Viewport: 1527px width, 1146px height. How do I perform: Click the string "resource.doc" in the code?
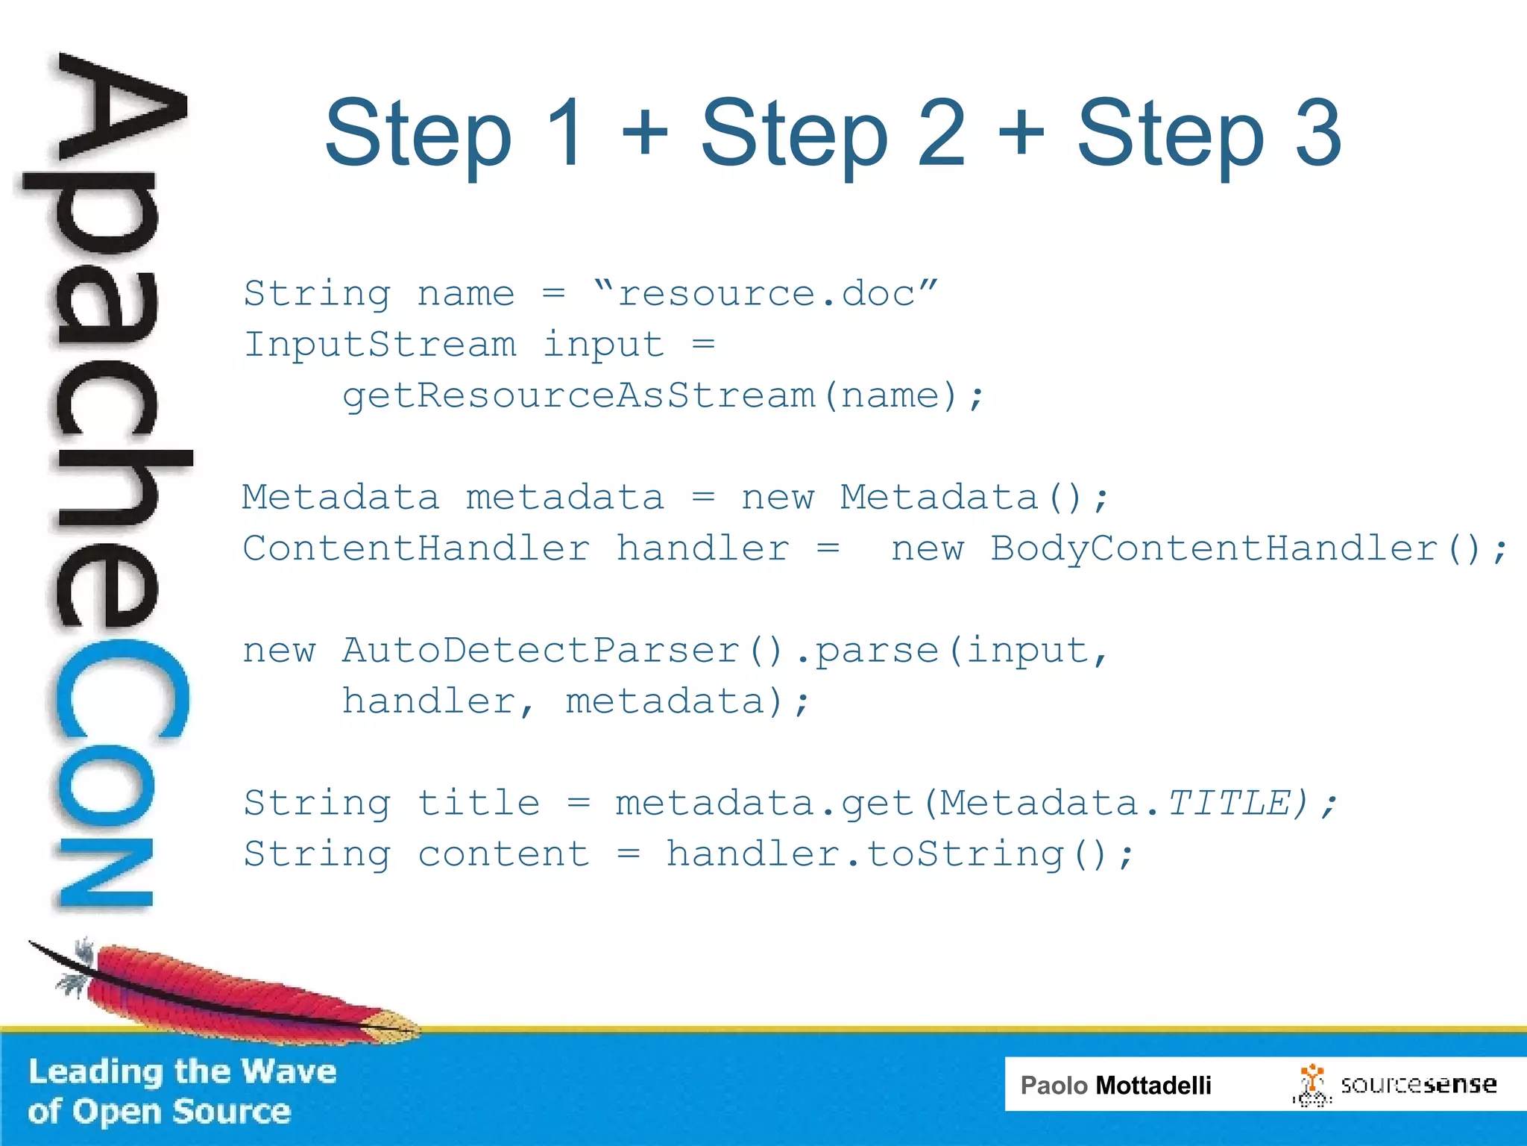(765, 293)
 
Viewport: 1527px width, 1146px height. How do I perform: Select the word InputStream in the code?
(380, 344)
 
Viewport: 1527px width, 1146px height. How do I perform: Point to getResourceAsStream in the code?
(578, 395)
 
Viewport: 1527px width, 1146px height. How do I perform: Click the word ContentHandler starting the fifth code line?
(416, 548)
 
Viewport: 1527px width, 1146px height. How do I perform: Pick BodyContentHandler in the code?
(1214, 548)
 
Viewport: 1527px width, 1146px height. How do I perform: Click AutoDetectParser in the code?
(541, 650)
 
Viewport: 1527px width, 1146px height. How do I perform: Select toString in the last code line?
(964, 854)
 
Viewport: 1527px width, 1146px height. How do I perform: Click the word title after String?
(478, 804)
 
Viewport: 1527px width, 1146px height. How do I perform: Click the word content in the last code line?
(503, 854)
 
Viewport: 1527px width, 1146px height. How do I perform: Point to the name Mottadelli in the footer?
(1153, 1085)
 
